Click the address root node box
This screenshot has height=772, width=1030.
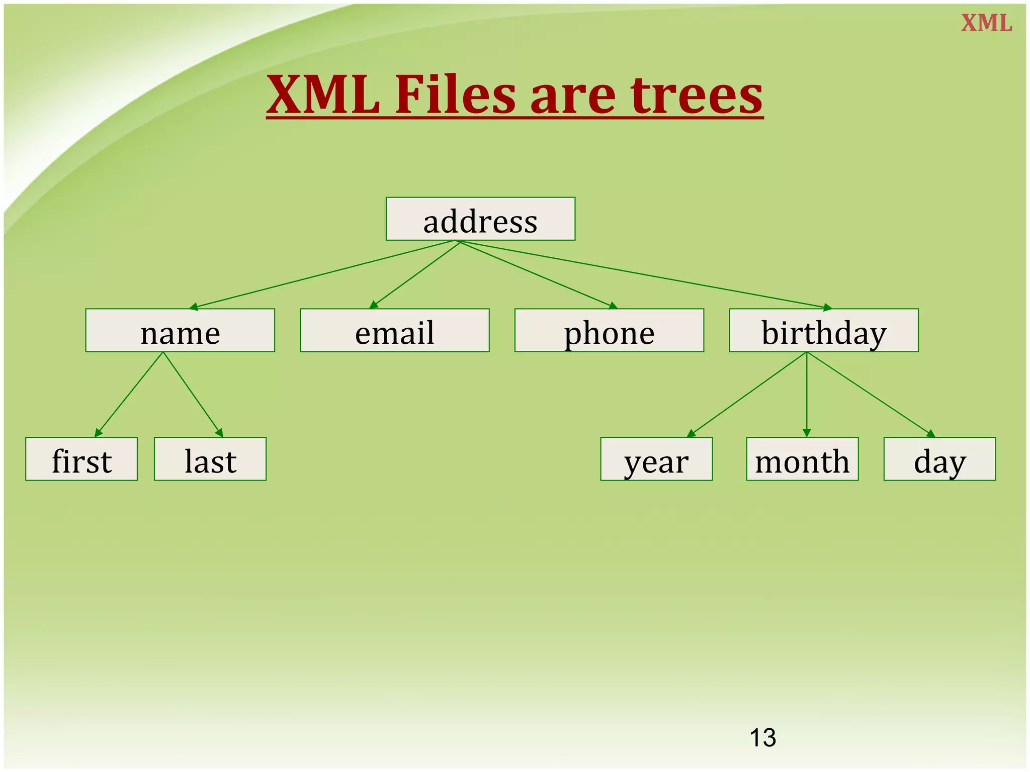point(480,219)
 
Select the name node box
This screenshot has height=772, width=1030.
point(180,331)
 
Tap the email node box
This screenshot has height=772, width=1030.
point(394,331)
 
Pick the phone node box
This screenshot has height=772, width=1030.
point(609,331)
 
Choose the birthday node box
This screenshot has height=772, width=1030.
point(823,331)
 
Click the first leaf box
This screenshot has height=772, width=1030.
point(81,459)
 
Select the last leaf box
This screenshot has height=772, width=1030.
point(210,459)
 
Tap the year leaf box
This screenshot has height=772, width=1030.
point(656,459)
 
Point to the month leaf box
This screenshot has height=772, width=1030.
point(802,459)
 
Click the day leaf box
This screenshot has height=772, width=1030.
point(939,459)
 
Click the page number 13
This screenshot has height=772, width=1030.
point(762,738)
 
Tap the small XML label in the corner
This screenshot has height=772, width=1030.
point(986,24)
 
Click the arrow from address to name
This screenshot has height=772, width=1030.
point(324,274)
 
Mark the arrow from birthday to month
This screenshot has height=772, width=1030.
point(807,395)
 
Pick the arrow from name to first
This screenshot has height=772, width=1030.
point(129,395)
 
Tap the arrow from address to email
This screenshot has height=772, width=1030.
point(415,274)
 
